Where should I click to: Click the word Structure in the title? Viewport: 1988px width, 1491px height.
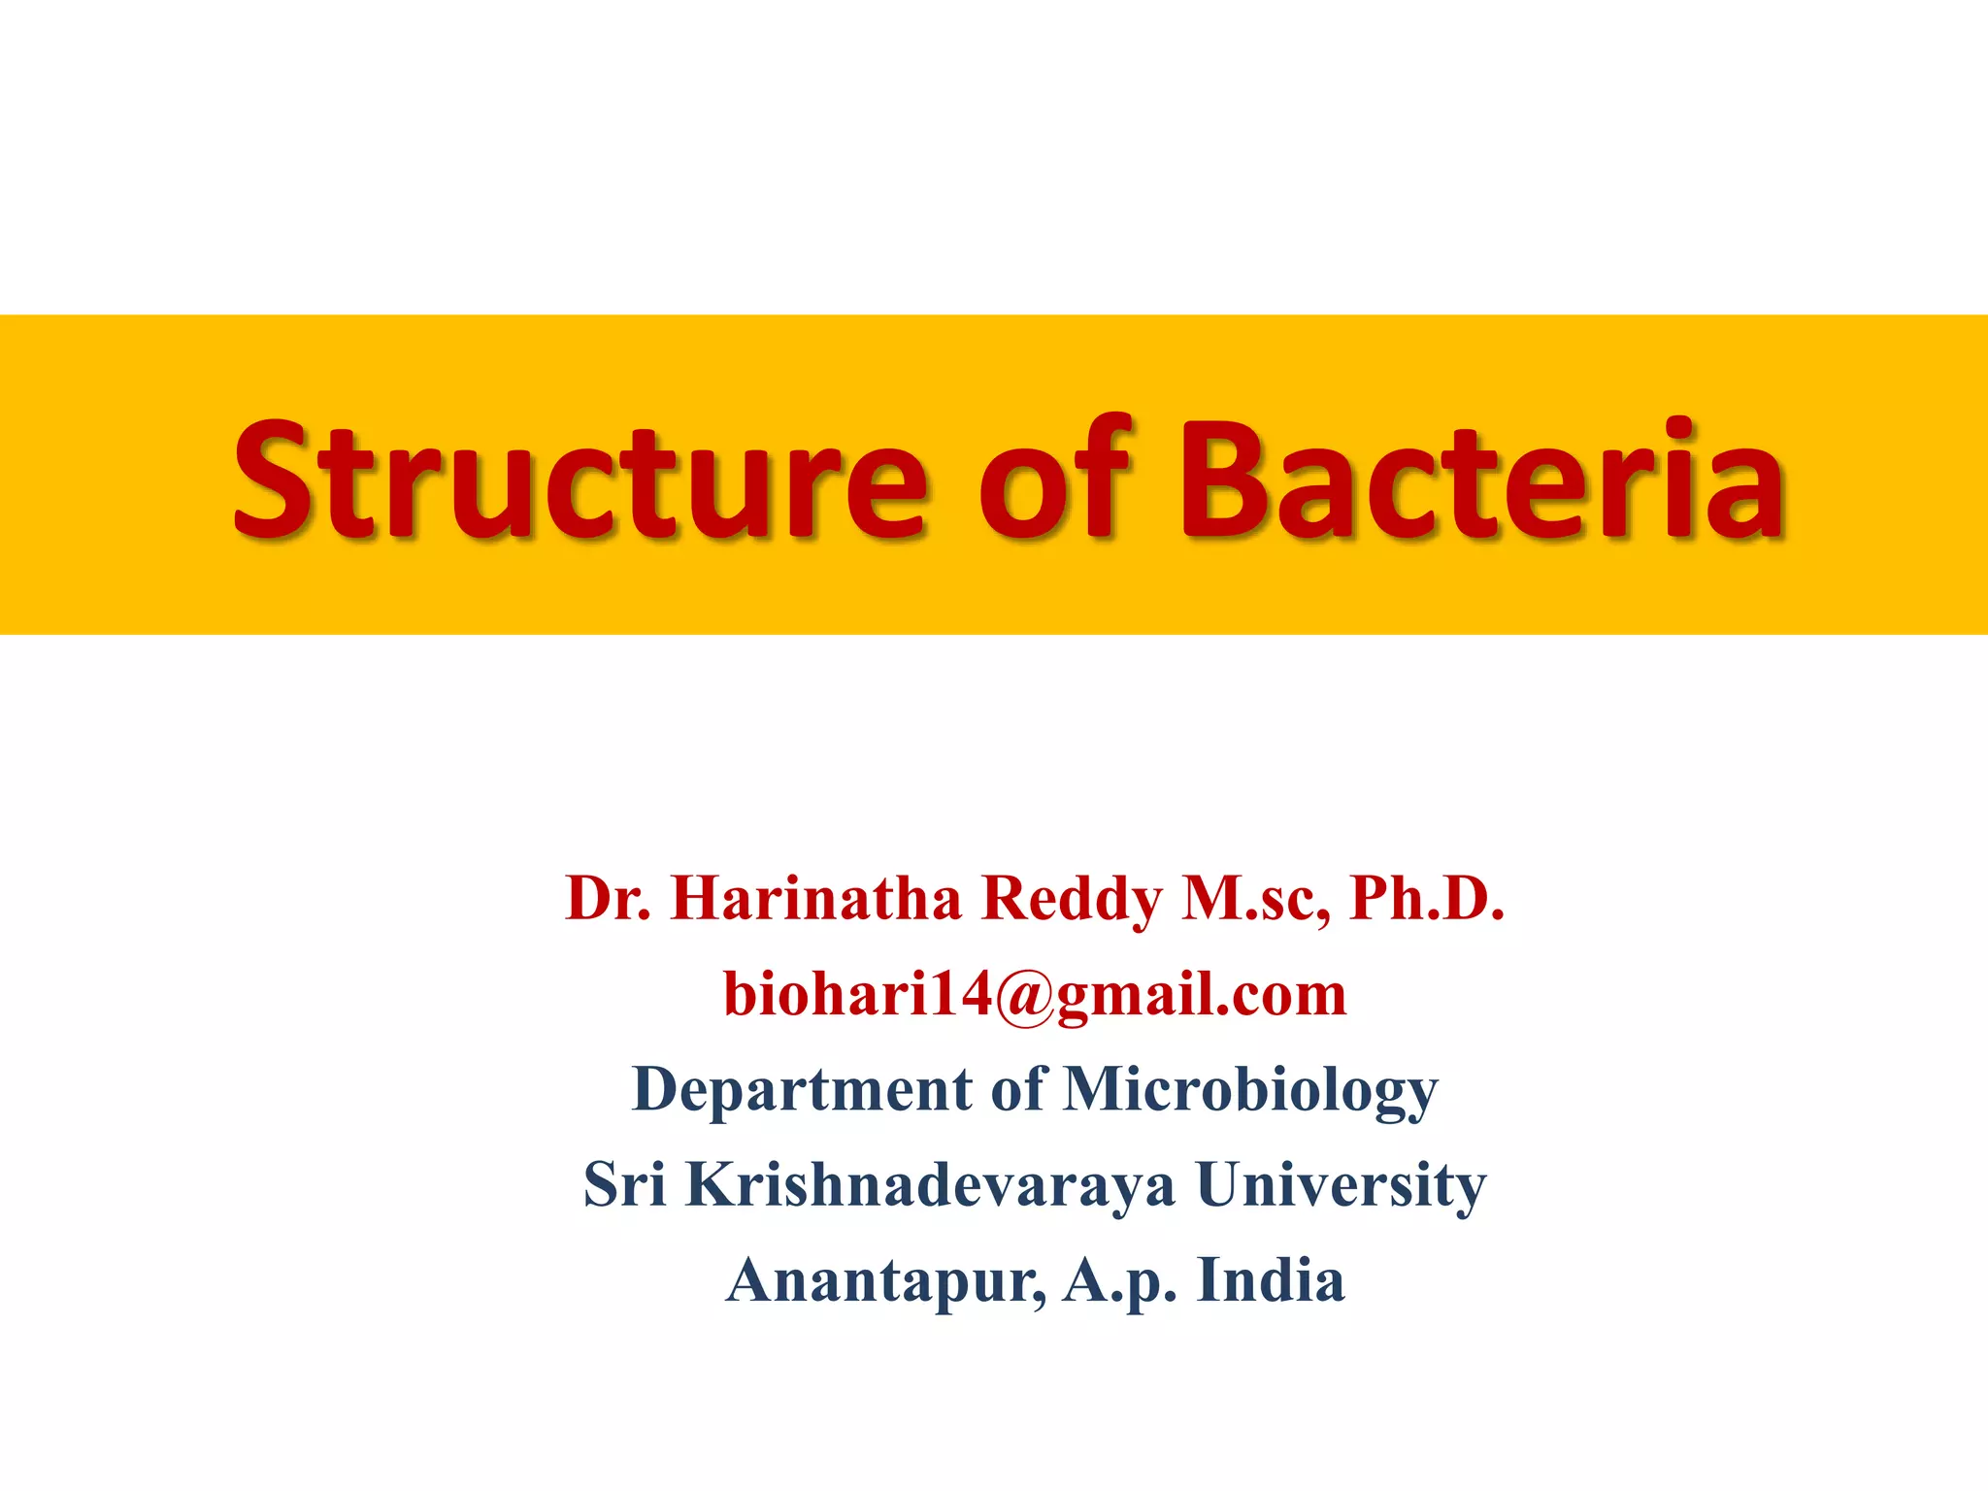pyautogui.click(x=580, y=479)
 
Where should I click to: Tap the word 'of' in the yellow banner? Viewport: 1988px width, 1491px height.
pyautogui.click(x=1056, y=479)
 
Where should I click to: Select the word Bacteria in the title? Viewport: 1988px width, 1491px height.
pyautogui.click(x=1481, y=479)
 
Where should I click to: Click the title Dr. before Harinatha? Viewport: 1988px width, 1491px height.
pyautogui.click(x=608, y=898)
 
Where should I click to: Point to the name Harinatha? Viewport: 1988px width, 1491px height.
pyautogui.click(x=815, y=898)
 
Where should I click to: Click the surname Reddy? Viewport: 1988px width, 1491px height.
pyautogui.click(x=1071, y=898)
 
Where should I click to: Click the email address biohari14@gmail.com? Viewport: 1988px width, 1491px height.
pyautogui.click(x=1035, y=994)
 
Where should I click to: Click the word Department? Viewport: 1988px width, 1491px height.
pyautogui.click(x=802, y=1089)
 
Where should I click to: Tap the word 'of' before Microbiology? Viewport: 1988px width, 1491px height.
pyautogui.click(x=1018, y=1089)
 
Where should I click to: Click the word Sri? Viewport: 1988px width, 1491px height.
pyautogui.click(x=624, y=1184)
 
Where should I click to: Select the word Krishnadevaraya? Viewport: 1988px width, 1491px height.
pyautogui.click(x=930, y=1184)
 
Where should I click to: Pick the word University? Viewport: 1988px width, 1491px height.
pyautogui.click(x=1341, y=1185)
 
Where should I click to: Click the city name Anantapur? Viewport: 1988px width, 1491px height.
pyautogui.click(x=885, y=1280)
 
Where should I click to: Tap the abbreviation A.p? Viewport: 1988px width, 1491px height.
pyautogui.click(x=1120, y=1280)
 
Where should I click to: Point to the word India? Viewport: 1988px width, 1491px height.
pyautogui.click(x=1271, y=1279)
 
